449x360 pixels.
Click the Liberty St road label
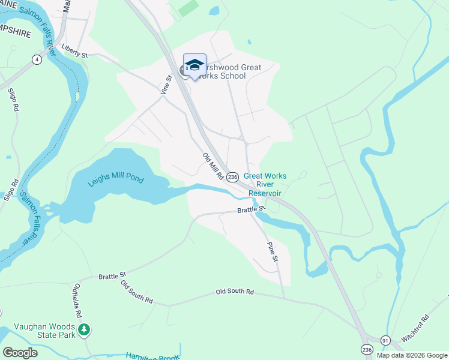pos(74,54)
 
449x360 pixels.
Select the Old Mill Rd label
pos(213,167)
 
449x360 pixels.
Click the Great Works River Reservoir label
pos(265,184)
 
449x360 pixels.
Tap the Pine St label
pos(273,250)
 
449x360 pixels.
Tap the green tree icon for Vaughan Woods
pos(85,329)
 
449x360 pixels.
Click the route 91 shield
pos(385,340)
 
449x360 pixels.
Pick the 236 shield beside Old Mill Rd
pos(233,176)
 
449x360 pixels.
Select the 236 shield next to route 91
pos(366,349)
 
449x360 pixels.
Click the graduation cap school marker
pos(194,65)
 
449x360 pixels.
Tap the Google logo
pos(20,353)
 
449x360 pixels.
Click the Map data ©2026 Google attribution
pos(412,355)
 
